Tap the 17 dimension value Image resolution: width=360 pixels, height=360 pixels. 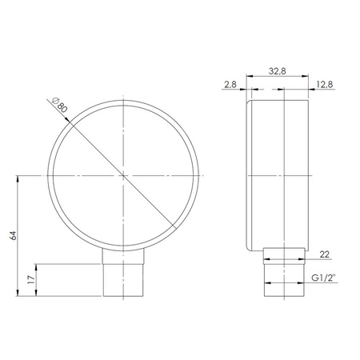(30, 281)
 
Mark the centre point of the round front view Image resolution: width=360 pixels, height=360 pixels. (124, 175)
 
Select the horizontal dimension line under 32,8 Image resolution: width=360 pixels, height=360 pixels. (277, 77)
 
